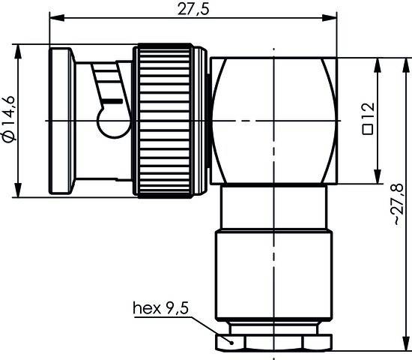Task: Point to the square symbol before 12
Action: click(369, 129)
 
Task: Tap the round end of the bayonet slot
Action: click(112, 121)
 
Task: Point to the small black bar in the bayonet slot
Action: click(110, 97)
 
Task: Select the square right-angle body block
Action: click(273, 121)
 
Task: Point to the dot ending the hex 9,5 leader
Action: click(231, 341)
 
